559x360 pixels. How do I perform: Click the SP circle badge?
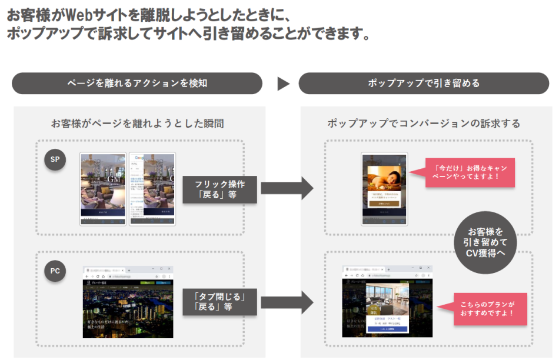(x=55, y=160)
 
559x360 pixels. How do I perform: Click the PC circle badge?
(x=55, y=272)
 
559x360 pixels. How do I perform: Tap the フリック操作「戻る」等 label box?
(x=219, y=190)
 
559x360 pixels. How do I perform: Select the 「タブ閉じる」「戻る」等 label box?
(x=219, y=301)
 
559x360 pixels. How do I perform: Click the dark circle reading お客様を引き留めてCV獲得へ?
(x=485, y=242)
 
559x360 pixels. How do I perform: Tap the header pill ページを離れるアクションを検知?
(x=137, y=83)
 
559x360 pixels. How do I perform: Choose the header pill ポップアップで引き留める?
(x=424, y=83)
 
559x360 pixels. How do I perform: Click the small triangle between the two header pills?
(x=284, y=84)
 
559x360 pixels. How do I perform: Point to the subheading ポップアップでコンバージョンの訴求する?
(x=424, y=124)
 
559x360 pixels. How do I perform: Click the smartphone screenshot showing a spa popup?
(x=384, y=189)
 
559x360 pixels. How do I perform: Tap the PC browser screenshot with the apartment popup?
(x=387, y=301)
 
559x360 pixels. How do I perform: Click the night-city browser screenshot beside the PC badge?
(x=128, y=301)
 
